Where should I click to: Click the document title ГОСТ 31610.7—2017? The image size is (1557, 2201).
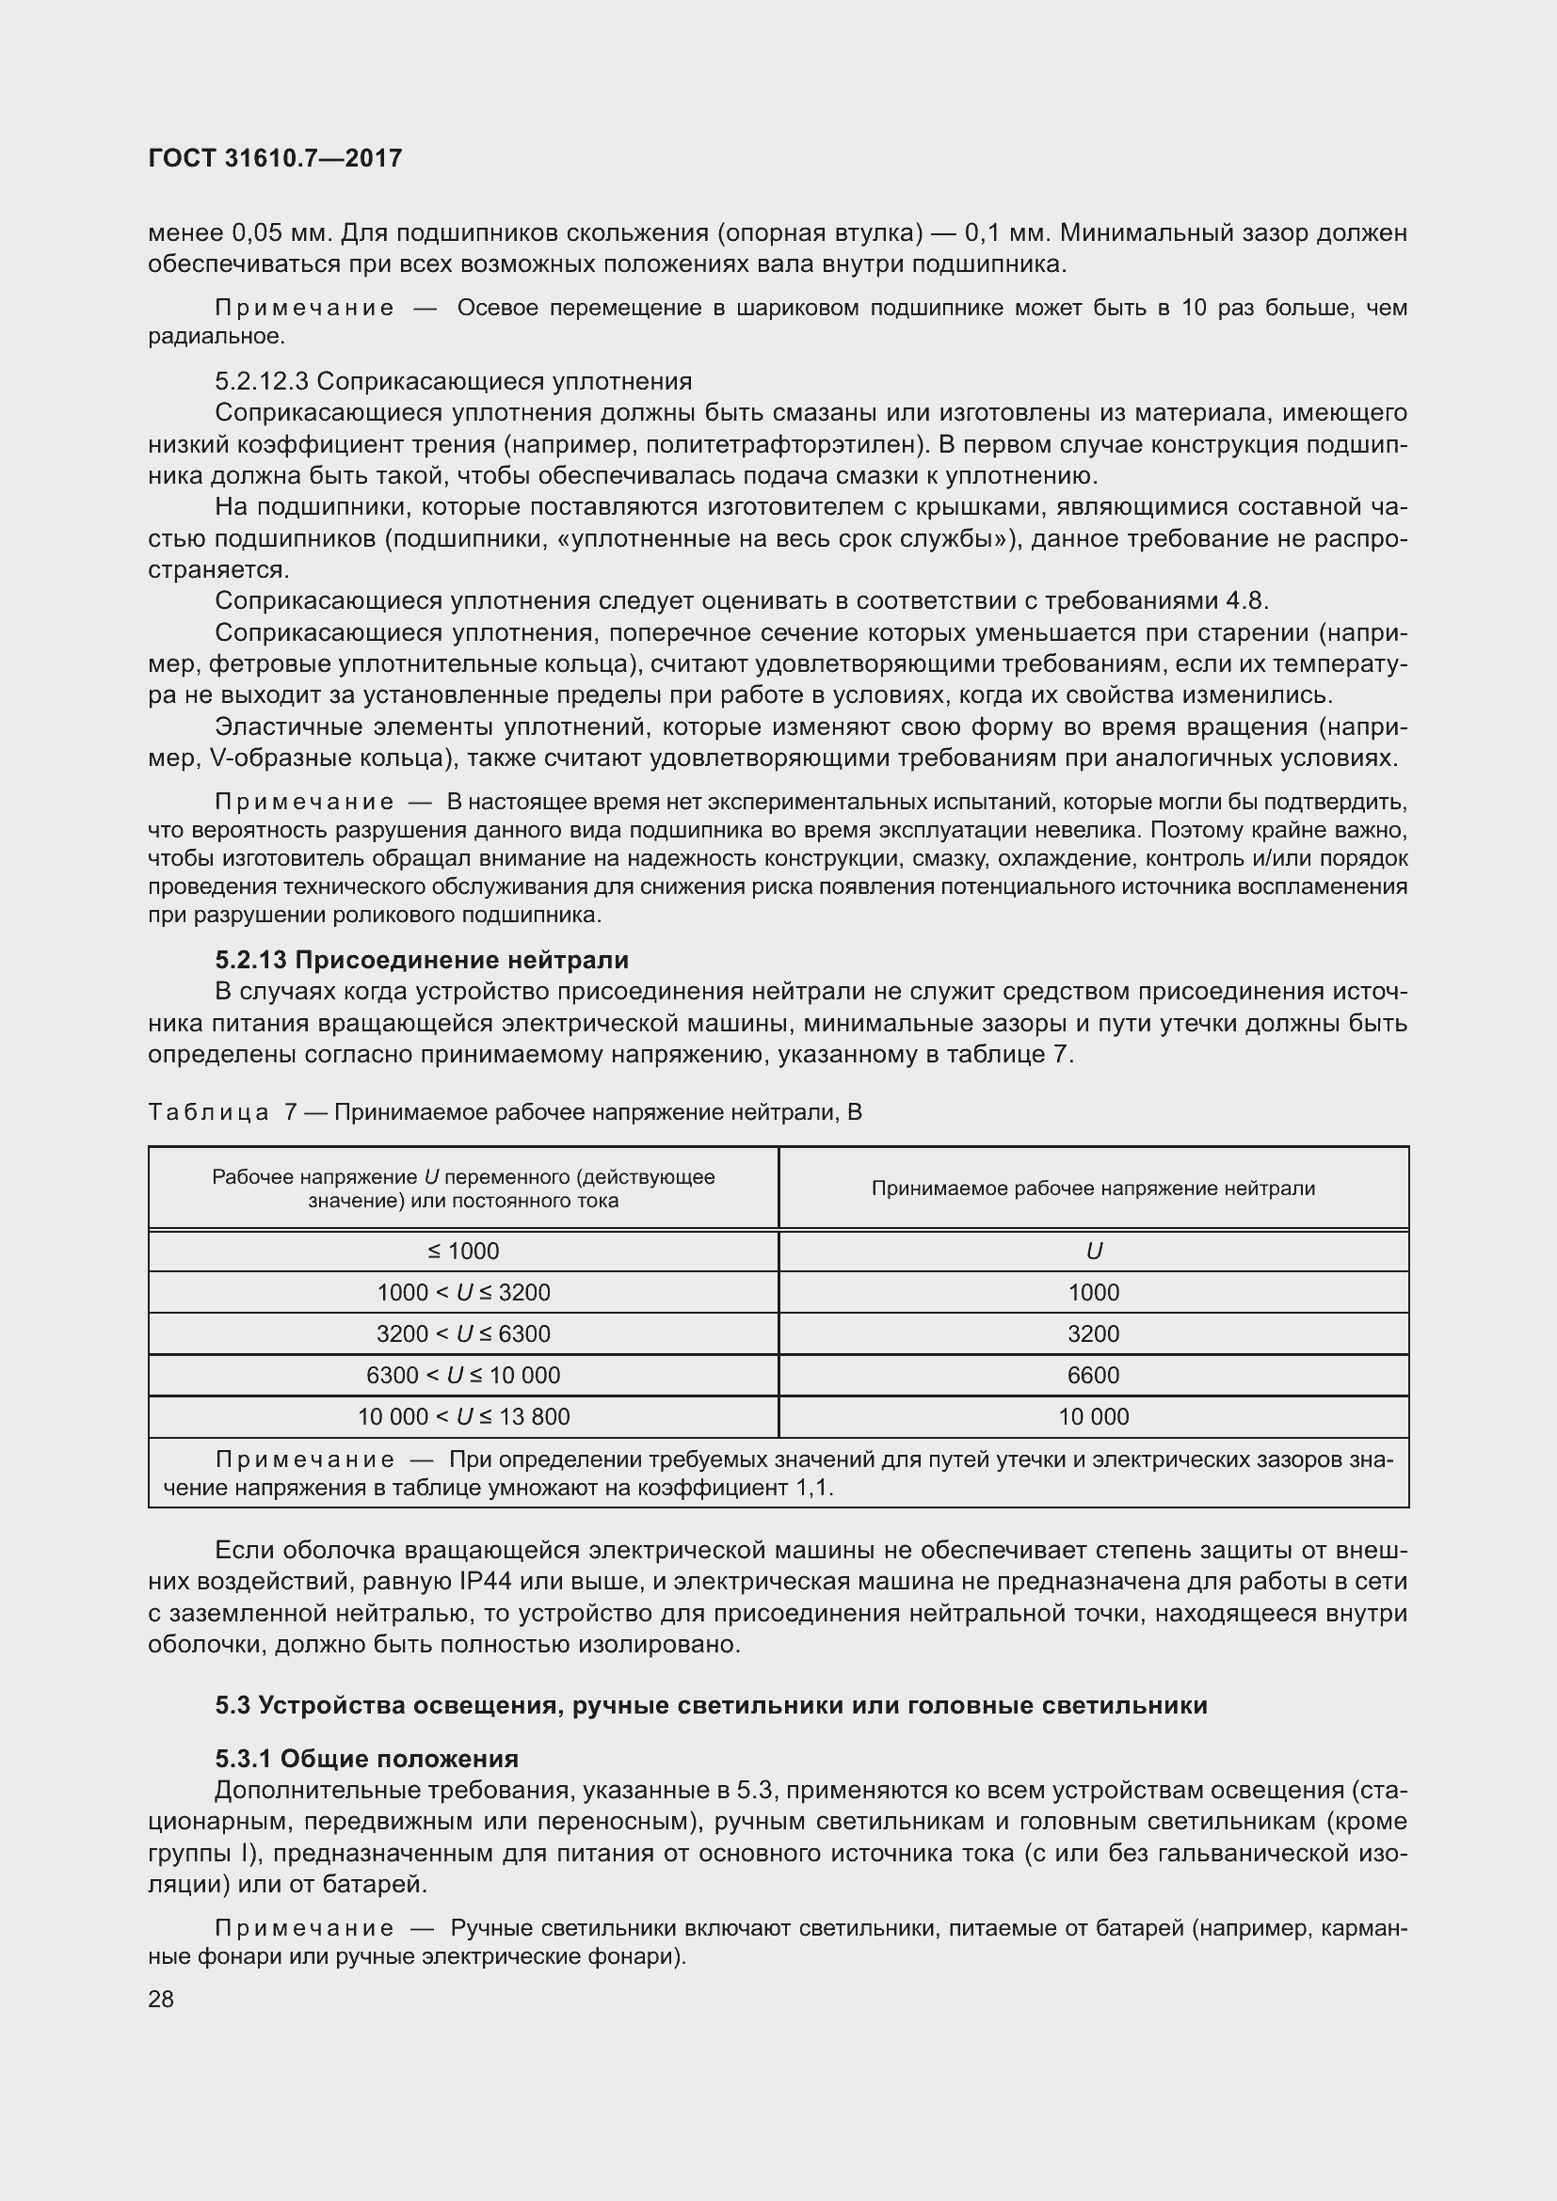[x=275, y=158]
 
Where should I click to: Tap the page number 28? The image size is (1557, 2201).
[x=161, y=1999]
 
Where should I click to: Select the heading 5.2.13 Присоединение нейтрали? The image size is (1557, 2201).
[x=422, y=960]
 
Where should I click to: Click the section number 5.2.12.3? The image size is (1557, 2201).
[x=261, y=381]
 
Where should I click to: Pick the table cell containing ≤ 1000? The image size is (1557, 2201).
[x=463, y=1251]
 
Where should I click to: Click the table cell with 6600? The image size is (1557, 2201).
[x=1093, y=1376]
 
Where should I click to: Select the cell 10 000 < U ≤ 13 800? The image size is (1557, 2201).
[x=463, y=1417]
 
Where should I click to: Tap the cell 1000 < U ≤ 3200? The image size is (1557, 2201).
[x=463, y=1292]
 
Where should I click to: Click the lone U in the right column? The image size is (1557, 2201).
[x=1093, y=1251]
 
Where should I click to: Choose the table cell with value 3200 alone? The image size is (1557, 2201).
[x=1093, y=1334]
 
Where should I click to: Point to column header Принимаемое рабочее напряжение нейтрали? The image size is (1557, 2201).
[x=1093, y=1188]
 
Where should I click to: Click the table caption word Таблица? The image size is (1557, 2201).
[x=208, y=1112]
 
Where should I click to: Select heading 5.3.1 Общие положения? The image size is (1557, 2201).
[x=366, y=1759]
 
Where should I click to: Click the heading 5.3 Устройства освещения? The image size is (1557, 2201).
[x=711, y=1705]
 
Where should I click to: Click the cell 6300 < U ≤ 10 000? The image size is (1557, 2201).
[x=463, y=1376]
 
